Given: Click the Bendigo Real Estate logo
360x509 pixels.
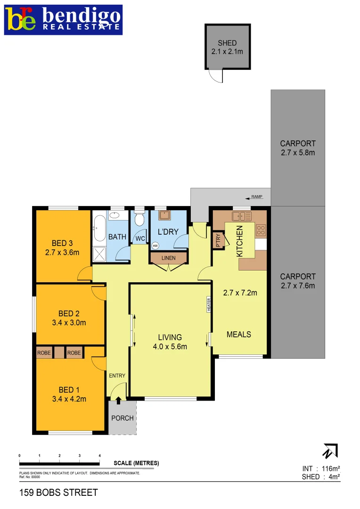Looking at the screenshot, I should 63,19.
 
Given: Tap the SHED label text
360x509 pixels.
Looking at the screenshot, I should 227,43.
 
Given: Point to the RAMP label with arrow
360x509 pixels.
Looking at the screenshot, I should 254,197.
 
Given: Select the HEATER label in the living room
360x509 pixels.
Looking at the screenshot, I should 208,304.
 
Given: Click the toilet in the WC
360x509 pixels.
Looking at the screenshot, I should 139,220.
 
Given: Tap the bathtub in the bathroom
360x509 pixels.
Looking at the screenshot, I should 99,229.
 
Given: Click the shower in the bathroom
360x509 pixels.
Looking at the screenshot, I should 99,254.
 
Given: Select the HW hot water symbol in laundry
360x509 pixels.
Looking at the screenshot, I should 155,246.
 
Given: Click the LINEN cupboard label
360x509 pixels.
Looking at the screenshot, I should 168,258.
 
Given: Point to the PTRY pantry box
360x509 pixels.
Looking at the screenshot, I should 218,239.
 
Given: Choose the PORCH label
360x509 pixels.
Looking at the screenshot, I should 122,418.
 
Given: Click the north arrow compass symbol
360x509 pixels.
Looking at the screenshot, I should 330,452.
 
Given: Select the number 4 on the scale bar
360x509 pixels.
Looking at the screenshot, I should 99,456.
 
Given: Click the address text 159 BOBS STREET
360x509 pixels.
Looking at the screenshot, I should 58,493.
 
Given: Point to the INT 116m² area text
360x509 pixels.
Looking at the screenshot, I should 321,468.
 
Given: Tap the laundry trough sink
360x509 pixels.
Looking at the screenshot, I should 164,215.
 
